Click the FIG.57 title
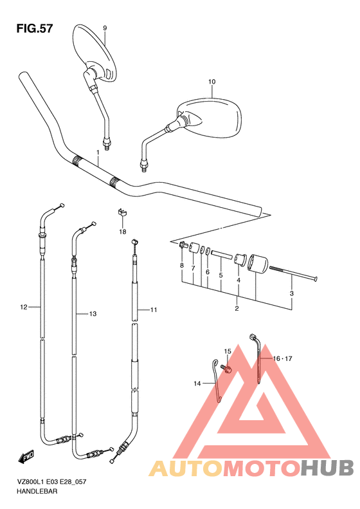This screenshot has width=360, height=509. pyautogui.click(x=34, y=28)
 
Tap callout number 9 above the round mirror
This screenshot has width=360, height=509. pyautogui.click(x=105, y=28)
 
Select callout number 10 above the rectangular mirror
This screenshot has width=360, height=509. pyautogui.click(x=212, y=82)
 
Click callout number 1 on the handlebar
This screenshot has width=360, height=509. pyautogui.click(x=98, y=153)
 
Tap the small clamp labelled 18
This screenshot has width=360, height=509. pyautogui.click(x=122, y=212)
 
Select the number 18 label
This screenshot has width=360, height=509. pyautogui.click(x=123, y=232)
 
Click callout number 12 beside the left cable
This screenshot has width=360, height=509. pyautogui.click(x=24, y=307)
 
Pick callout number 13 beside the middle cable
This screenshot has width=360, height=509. pyautogui.click(x=93, y=314)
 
